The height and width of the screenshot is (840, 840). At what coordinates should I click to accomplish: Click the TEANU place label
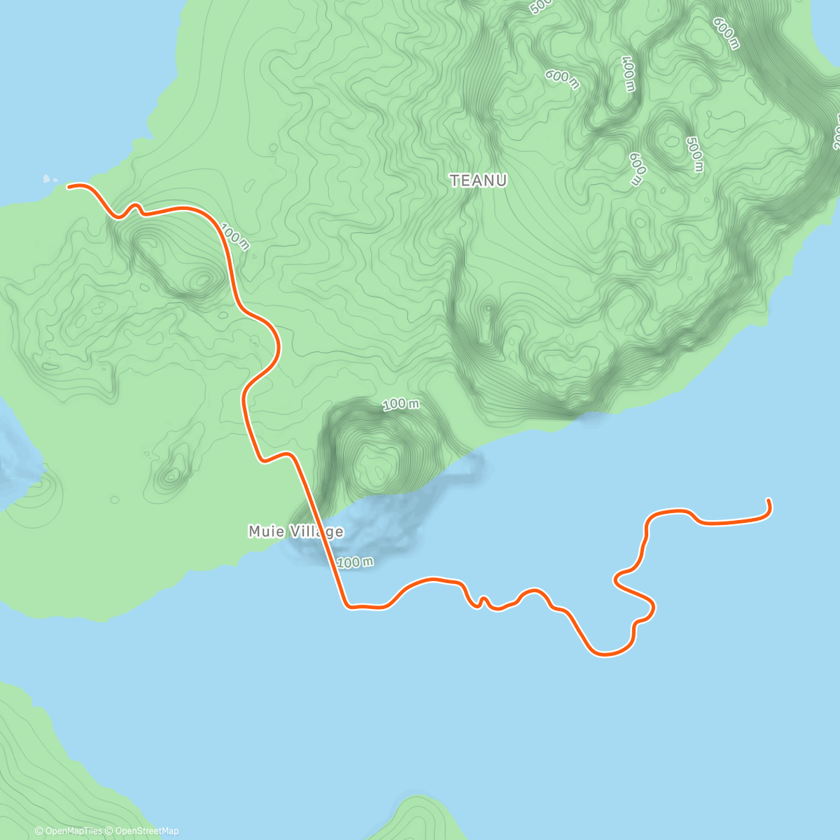point(479,181)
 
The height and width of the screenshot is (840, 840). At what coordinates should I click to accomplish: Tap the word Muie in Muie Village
point(266,532)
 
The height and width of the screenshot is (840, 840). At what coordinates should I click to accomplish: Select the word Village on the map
point(316,532)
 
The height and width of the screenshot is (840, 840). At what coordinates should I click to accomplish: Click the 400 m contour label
point(628,73)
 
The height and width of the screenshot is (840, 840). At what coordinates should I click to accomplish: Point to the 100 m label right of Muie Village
point(355,562)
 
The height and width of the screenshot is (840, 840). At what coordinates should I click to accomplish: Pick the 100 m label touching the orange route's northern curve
point(234,236)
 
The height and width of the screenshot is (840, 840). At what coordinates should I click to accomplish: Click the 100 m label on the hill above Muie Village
point(401,404)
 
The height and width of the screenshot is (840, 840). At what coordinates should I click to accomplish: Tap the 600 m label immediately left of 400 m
point(563,79)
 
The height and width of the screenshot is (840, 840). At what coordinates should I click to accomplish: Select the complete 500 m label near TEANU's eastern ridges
point(694,154)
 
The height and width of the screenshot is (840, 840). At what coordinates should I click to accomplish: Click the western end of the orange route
point(69,186)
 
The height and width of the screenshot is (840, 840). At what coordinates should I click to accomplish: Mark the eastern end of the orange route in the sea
point(769,500)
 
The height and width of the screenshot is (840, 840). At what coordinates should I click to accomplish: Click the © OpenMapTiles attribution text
point(69,831)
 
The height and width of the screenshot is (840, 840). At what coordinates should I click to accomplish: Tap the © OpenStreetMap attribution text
point(142,831)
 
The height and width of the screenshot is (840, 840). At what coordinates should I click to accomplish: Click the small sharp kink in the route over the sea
point(482,601)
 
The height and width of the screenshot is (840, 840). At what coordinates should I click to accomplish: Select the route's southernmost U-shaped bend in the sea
point(606,654)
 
